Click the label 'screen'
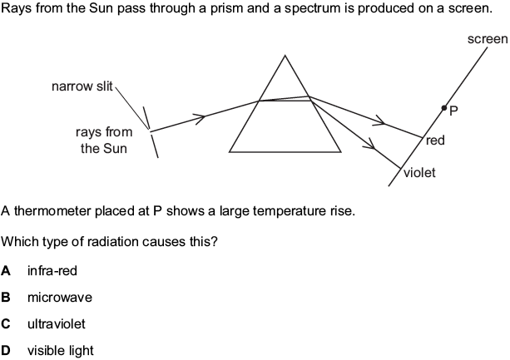(x=488, y=39)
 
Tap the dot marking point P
(x=443, y=108)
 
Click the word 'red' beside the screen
(x=435, y=141)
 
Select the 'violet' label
(x=419, y=173)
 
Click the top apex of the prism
(x=285, y=56)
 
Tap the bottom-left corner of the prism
(x=230, y=152)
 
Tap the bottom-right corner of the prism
(x=341, y=152)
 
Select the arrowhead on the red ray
(x=379, y=123)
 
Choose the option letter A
(x=7, y=271)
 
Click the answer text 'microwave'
(x=59, y=298)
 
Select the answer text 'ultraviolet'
(x=57, y=324)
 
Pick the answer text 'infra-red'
(x=51, y=271)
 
